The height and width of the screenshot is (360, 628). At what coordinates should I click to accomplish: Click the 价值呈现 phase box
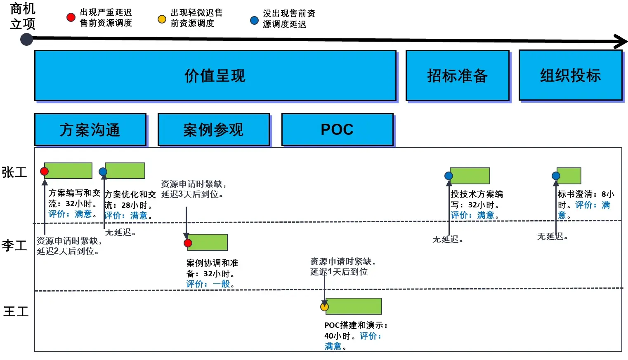(x=215, y=76)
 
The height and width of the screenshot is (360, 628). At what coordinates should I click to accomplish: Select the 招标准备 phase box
(x=457, y=76)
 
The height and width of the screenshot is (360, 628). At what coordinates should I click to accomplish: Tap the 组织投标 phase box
(x=570, y=75)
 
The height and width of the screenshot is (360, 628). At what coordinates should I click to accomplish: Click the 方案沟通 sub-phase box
(x=90, y=129)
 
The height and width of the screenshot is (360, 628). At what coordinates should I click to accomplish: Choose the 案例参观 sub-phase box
(x=213, y=129)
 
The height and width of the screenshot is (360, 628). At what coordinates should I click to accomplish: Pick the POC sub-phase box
(x=337, y=129)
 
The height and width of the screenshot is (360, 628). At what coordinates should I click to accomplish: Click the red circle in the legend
(x=71, y=17)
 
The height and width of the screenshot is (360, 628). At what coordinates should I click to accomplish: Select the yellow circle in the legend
(x=162, y=19)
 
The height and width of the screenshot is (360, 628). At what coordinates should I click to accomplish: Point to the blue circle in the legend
(x=255, y=21)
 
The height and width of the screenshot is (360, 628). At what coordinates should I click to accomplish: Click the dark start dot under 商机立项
(x=27, y=39)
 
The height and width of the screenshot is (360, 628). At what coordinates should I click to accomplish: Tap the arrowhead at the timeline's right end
(x=621, y=41)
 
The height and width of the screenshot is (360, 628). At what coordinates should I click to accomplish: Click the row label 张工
(x=14, y=172)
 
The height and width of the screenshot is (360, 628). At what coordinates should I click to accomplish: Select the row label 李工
(x=14, y=246)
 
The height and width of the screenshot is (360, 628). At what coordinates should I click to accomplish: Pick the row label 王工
(x=16, y=311)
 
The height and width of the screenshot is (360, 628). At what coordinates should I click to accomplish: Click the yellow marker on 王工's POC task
(x=325, y=307)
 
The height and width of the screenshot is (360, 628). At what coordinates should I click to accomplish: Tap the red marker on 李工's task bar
(x=188, y=243)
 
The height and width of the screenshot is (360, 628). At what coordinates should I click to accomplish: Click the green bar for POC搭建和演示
(x=354, y=306)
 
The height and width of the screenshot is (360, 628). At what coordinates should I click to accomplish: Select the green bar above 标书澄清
(x=569, y=176)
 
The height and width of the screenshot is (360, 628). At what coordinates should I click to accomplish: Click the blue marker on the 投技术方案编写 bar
(x=449, y=176)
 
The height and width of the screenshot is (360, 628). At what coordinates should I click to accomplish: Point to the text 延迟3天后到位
(x=192, y=194)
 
